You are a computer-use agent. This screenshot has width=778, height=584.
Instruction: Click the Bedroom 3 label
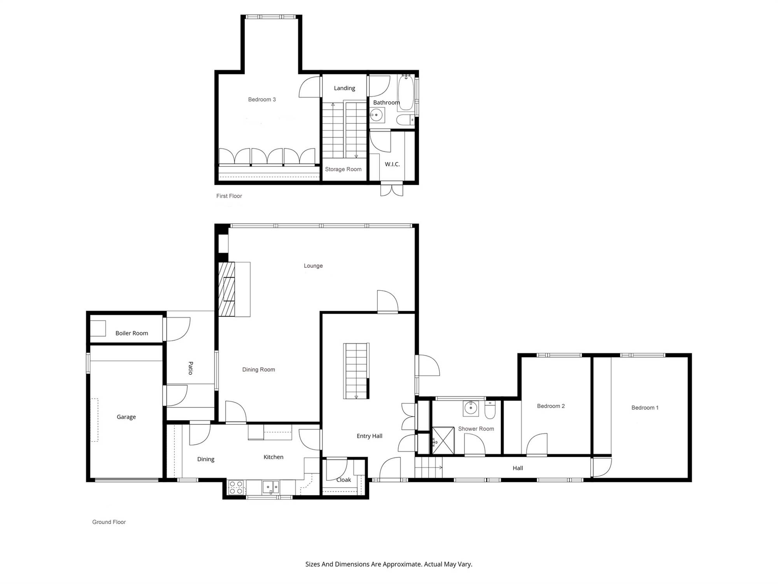262,100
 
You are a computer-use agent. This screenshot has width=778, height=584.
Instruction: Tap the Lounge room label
313,266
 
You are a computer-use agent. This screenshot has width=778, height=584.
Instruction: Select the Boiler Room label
131,333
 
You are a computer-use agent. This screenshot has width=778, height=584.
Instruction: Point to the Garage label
126,417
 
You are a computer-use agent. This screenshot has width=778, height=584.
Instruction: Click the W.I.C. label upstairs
392,164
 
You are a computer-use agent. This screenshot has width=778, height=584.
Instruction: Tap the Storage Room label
343,169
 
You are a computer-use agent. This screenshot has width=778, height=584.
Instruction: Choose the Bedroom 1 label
645,408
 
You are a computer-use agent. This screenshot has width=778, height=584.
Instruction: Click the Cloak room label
343,480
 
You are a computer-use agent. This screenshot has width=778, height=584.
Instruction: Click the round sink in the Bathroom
376,115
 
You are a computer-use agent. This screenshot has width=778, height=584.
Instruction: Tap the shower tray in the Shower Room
443,440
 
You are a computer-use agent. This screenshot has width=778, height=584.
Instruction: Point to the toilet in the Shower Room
490,410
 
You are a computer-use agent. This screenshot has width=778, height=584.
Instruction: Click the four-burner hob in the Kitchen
236,487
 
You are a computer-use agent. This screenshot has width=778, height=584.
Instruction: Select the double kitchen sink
271,487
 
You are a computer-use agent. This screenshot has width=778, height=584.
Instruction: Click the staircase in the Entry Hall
356,371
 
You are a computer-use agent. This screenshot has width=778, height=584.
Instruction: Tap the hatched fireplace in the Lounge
227,289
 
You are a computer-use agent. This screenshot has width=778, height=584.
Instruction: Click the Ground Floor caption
109,522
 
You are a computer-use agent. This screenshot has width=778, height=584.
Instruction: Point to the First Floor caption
229,196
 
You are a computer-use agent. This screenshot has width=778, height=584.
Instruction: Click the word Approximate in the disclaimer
402,564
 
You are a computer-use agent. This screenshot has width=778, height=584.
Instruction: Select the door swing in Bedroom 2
537,444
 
